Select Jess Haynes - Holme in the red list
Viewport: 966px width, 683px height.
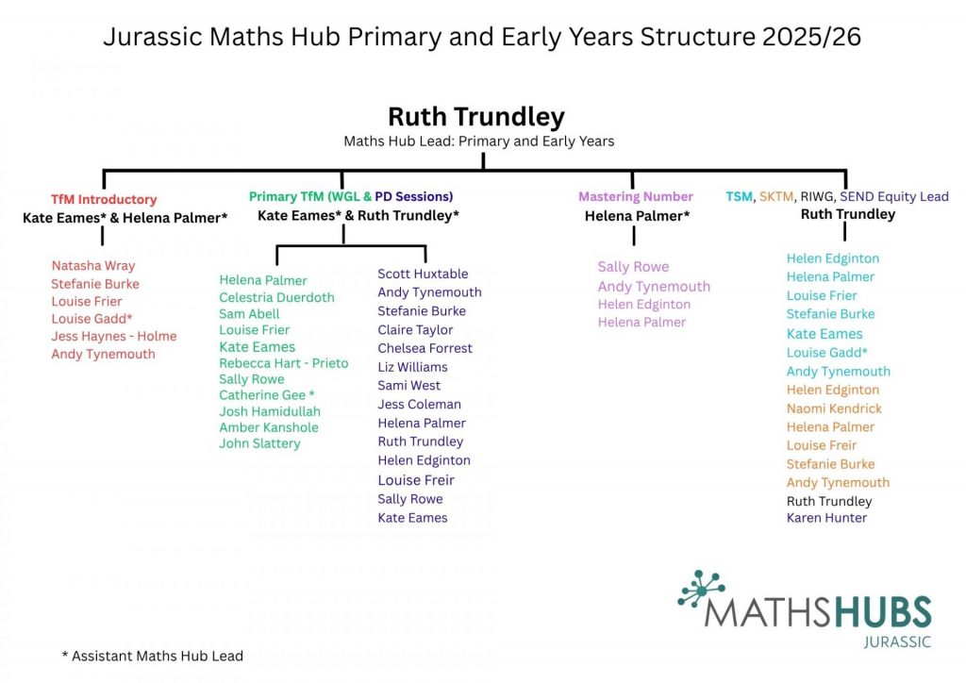(114, 336)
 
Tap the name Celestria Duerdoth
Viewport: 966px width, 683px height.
(276, 297)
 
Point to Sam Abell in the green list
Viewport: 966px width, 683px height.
(249, 314)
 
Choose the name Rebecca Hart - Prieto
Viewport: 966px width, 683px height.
(283, 363)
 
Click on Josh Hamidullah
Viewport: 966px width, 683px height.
(270, 411)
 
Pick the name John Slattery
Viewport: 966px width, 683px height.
(259, 443)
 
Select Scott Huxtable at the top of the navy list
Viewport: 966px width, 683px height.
(423, 274)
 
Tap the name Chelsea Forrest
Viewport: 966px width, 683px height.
(425, 348)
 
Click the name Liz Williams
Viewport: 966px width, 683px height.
(412, 367)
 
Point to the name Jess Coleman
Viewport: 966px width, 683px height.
(419, 405)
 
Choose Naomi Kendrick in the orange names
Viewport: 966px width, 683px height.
(834, 408)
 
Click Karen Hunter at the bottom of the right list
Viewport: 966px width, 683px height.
(826, 518)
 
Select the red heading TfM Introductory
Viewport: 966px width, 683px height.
(104, 200)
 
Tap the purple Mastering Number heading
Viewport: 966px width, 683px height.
(636, 197)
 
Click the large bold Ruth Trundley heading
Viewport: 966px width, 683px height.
(476, 117)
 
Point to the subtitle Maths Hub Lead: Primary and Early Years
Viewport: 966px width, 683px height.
(479, 142)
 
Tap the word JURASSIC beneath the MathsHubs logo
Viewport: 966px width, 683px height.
(897, 642)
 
